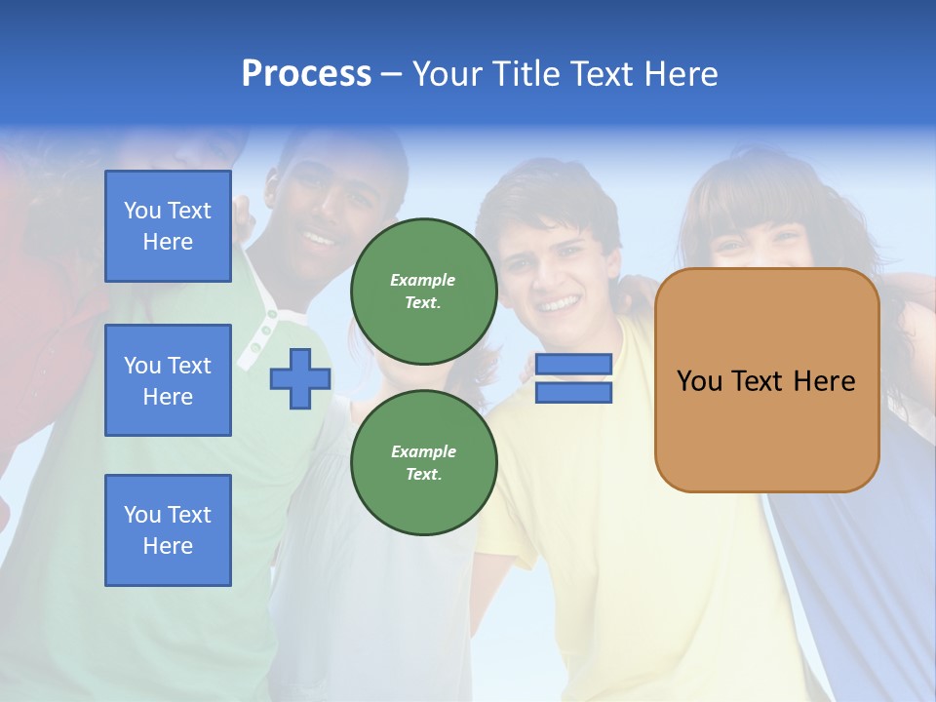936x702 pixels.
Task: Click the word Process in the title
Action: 306,73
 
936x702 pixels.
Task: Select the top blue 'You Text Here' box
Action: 168,226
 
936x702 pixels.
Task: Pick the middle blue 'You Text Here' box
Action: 168,380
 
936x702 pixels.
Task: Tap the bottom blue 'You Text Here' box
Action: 168,530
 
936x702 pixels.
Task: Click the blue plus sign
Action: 300,378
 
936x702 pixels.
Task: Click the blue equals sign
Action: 573,378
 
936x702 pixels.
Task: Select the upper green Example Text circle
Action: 423,291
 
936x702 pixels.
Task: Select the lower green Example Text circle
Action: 423,462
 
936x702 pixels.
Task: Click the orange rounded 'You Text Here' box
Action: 766,380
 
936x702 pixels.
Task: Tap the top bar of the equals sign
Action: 573,365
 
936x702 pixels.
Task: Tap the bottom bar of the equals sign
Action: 573,393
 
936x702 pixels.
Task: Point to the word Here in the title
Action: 679,73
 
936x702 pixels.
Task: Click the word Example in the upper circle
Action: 423,280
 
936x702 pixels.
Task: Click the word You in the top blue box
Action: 141,211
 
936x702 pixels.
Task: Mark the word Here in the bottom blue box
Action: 168,546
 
